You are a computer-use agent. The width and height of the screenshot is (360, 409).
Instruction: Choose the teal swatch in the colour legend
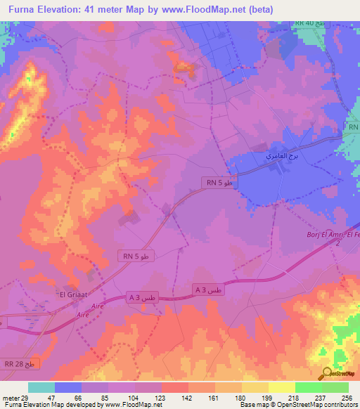pos(41,387)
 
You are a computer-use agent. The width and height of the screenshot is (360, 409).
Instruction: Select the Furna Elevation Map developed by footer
pos(56,405)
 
